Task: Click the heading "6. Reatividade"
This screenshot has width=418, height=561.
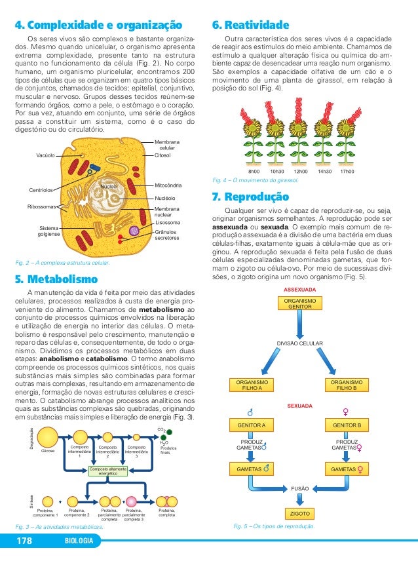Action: coord(250,26)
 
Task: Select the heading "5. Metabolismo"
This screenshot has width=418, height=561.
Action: coord(56,277)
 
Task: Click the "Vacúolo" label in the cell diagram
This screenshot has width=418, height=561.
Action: coord(45,155)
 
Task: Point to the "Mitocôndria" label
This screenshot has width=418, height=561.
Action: coord(168,185)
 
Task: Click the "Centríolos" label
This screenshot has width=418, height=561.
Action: coord(41,191)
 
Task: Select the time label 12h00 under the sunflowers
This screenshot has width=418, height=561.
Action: coord(301,171)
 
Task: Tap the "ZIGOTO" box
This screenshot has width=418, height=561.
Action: coord(299,513)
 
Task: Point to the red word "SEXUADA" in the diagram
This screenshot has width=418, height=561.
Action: coord(299,406)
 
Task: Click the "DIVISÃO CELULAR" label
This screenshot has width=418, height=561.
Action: coord(299,343)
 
